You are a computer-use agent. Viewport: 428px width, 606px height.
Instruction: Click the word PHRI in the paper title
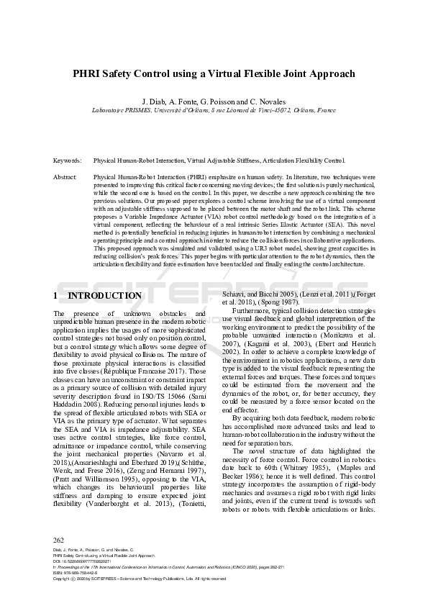86,73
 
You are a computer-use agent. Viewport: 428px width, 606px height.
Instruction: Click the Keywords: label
68,160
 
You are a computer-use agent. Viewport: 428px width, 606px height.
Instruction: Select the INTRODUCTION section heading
104,296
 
